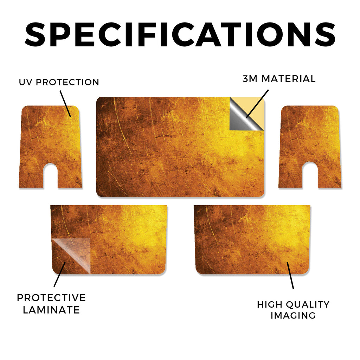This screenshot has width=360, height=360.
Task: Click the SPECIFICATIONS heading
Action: (180, 34)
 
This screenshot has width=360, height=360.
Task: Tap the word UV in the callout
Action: (26, 82)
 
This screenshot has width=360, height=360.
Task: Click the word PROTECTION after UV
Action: (67, 82)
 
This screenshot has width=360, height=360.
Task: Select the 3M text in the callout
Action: (250, 79)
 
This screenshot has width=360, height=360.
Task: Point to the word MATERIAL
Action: (289, 79)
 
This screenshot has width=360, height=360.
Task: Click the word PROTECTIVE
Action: (51, 298)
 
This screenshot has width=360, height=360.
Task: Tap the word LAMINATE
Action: (51, 310)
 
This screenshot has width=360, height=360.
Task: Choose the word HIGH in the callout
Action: (270, 305)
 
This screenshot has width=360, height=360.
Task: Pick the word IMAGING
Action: (293, 315)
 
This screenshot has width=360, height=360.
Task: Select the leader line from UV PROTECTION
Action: (65, 104)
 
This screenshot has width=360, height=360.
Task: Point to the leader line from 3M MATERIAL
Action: (257, 104)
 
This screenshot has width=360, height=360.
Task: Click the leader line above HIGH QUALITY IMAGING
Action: (290, 275)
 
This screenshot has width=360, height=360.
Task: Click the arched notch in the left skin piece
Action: (50, 175)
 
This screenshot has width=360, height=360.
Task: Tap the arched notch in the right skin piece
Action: (310, 175)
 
